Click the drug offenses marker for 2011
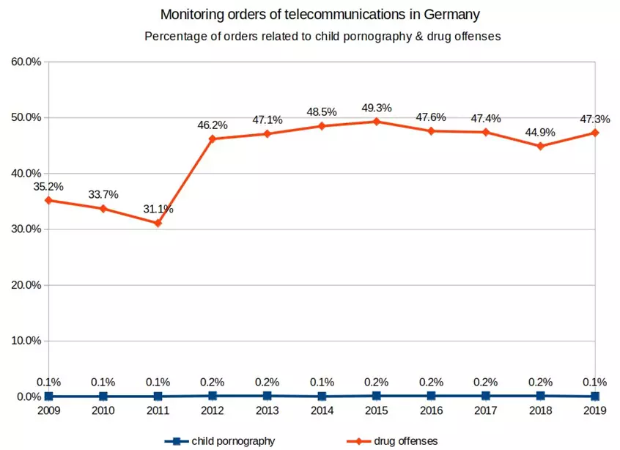pos(158,223)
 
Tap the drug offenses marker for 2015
pos(376,122)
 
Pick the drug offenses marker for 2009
pos(48,200)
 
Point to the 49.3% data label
pos(376,108)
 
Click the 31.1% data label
pos(158,209)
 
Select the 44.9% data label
pos(540,133)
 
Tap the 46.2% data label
pos(213,125)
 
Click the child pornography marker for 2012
pos(213,396)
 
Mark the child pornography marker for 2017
pos(485,396)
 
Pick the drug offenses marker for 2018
pos(540,146)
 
